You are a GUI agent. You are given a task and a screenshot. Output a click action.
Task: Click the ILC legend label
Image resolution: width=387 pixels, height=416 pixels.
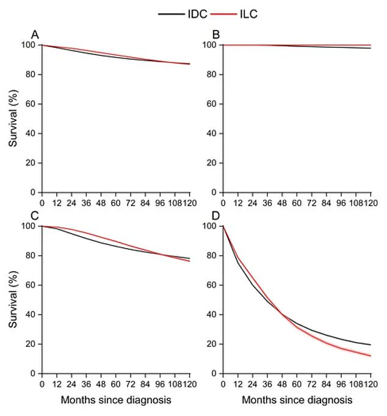[249, 13]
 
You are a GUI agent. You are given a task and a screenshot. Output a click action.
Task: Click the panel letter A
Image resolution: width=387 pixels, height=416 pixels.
[35, 35]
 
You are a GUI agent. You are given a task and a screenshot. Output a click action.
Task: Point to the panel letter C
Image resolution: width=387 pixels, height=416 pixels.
[35, 216]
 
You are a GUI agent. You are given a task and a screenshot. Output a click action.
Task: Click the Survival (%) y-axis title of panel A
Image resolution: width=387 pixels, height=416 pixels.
[13, 119]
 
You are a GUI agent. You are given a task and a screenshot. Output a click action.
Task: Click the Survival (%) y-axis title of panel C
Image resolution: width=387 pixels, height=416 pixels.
[13, 299]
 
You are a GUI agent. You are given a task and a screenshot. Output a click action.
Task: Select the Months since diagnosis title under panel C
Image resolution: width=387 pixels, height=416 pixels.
[116, 400]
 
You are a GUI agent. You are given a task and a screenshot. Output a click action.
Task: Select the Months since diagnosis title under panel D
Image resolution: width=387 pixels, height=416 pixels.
[297, 400]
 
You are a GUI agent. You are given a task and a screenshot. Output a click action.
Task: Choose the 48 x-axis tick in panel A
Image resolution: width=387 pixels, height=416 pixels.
[101, 202]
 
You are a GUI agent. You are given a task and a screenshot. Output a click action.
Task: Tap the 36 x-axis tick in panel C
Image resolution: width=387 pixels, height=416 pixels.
[86, 382]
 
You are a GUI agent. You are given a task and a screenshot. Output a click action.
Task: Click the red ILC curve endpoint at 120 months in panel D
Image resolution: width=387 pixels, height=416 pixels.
[371, 356]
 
